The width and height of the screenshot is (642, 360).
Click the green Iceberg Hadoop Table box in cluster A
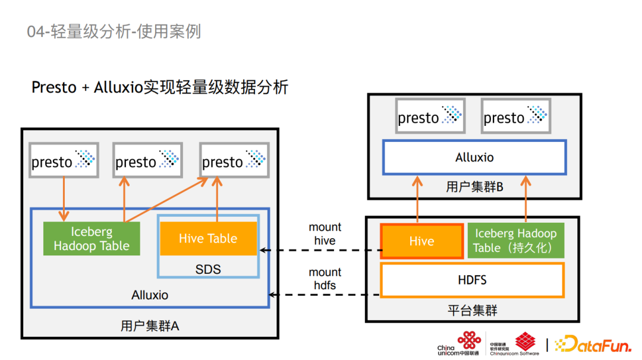click(x=92, y=238)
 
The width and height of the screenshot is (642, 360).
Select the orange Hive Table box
click(x=209, y=238)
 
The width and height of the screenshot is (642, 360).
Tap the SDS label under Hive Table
click(x=208, y=269)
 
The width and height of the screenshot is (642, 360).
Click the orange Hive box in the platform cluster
click(x=421, y=241)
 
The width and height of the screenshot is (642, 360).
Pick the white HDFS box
click(x=472, y=280)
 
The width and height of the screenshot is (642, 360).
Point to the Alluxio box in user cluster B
click(x=474, y=157)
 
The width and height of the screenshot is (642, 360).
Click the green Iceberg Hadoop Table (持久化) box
click(x=516, y=241)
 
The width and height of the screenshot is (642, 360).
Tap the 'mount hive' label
click(x=325, y=234)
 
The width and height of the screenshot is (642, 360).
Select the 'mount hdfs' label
click(x=325, y=279)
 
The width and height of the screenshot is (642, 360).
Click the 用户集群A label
click(x=150, y=326)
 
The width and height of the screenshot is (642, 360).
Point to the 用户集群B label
click(x=474, y=187)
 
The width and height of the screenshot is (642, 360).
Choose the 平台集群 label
click(x=472, y=311)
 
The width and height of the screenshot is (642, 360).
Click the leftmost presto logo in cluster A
click(x=64, y=160)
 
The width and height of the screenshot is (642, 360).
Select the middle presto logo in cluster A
click(x=148, y=160)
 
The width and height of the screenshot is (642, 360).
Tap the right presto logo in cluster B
click(x=516, y=116)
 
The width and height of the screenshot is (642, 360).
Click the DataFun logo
click(x=593, y=344)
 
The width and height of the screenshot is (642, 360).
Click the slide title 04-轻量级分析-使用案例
click(x=114, y=31)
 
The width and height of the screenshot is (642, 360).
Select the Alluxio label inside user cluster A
click(x=150, y=295)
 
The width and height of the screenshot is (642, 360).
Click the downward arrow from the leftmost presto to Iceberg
click(x=64, y=199)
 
